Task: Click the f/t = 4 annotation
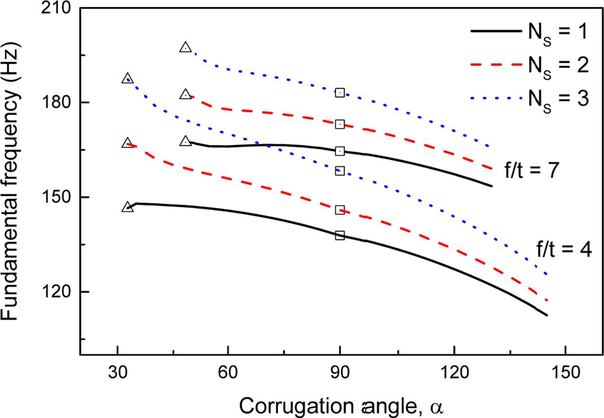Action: point(564,249)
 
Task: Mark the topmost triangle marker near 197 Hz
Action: point(186,47)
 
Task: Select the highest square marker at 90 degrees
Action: point(340,93)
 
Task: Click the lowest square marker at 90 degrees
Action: point(340,235)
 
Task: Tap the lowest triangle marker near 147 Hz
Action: point(128,207)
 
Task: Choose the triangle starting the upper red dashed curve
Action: point(186,94)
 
